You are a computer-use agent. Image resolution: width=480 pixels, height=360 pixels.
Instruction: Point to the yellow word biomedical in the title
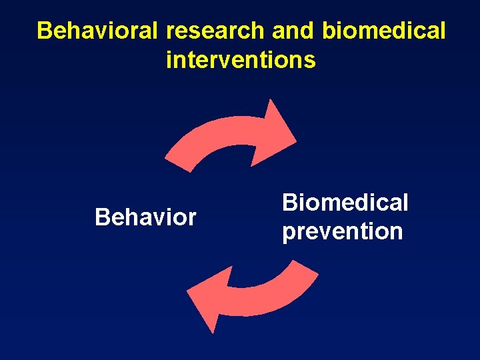coord(383,31)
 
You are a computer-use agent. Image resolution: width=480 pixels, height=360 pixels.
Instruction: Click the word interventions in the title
coord(241,61)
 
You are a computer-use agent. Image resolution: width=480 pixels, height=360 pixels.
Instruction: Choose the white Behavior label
coord(145,217)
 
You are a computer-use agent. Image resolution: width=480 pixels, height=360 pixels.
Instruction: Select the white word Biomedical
coord(345,203)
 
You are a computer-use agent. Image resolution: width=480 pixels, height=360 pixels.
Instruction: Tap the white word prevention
coord(342,232)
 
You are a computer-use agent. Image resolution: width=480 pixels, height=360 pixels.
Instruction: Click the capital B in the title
coord(45,31)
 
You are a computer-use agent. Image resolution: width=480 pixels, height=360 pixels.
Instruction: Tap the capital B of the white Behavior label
coord(102,217)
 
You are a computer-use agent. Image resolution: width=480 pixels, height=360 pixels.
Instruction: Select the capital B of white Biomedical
coord(289,203)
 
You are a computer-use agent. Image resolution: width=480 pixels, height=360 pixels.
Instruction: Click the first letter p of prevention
coord(289,233)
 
